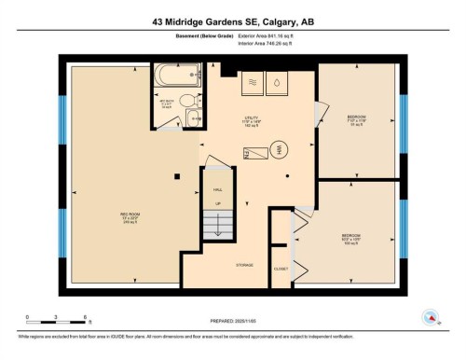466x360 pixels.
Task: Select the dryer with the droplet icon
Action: pyautogui.click(x=278, y=83)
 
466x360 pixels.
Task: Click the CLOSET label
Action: pyautogui.click(x=281, y=270)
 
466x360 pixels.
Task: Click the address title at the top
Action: pyautogui.click(x=232, y=20)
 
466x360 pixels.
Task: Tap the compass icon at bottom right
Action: pyautogui.click(x=430, y=316)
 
